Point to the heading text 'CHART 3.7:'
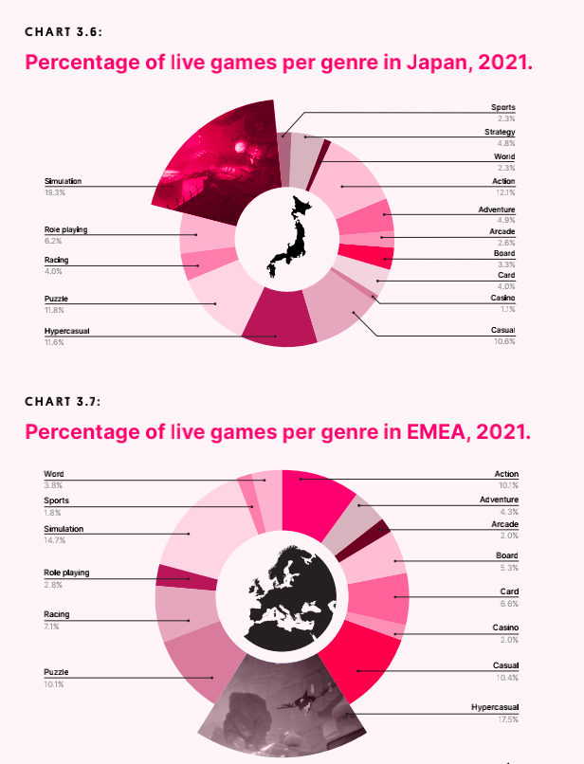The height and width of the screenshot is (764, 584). click(64, 401)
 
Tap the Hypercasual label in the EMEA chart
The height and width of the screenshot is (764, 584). click(495, 708)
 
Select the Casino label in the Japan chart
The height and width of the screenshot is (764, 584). click(502, 298)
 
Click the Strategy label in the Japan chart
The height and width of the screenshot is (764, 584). click(500, 132)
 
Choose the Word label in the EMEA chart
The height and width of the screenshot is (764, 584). click(54, 474)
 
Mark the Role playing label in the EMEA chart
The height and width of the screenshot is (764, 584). click(66, 573)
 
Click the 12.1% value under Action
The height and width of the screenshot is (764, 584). click(505, 192)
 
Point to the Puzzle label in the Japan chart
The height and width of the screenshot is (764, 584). click(56, 299)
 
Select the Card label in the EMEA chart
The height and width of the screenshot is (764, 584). click(510, 591)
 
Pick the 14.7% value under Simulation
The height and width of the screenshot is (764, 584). click(53, 540)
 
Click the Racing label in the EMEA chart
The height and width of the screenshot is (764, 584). click(56, 615)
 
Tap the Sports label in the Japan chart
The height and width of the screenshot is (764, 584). click(503, 107)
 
